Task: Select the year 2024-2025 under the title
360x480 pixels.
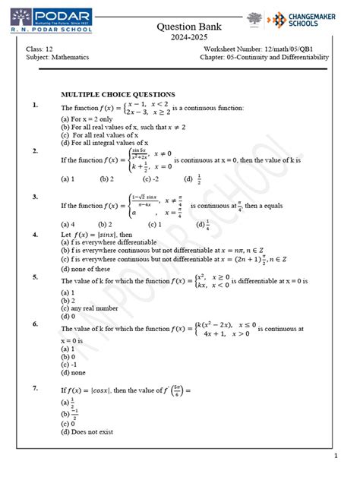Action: coord(179,38)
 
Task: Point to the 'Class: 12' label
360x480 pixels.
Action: coord(41,50)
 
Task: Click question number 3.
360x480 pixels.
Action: coord(35,197)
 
